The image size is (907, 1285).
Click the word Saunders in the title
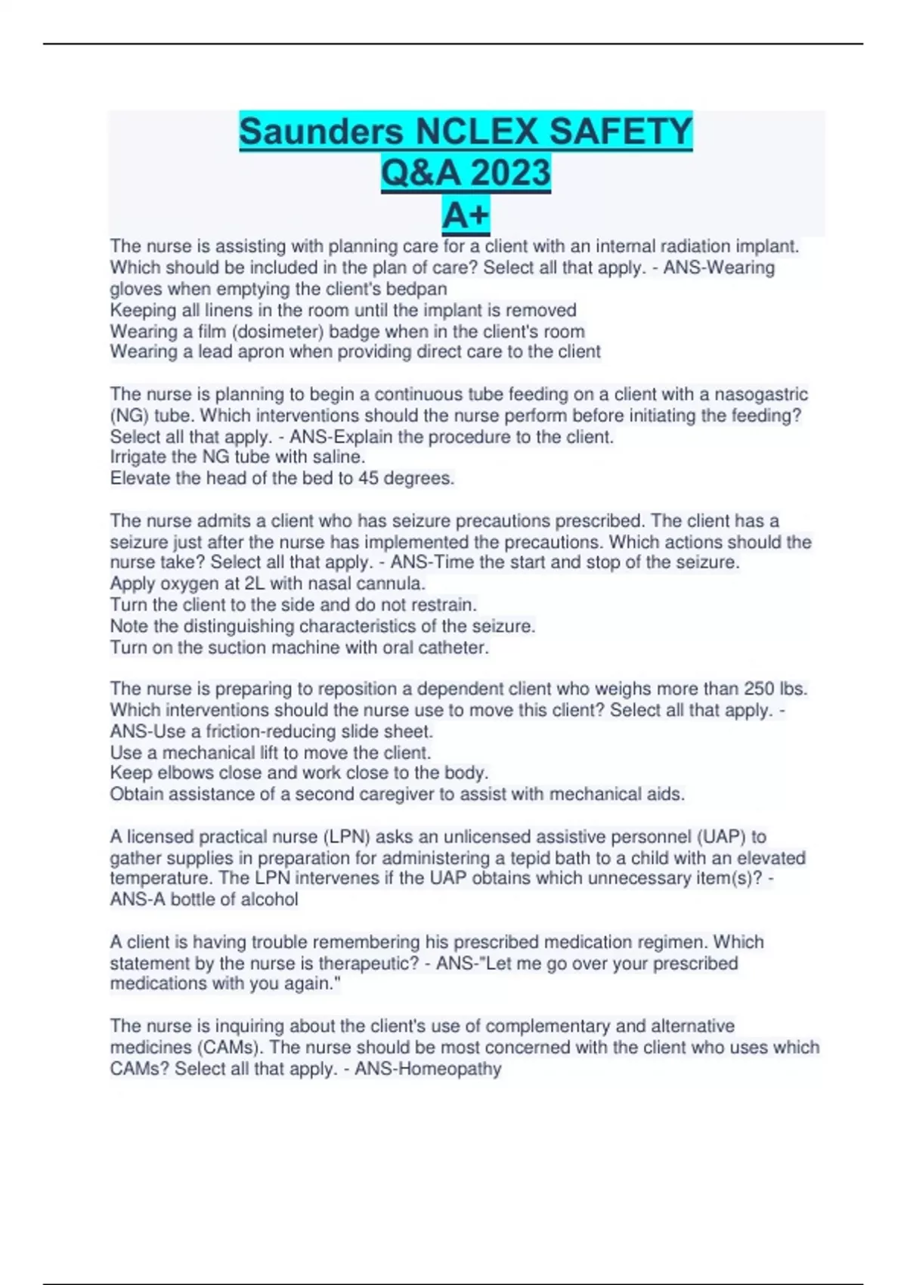[321, 132]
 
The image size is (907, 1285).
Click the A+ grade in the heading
[466, 215]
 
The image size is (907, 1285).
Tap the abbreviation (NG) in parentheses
[127, 415]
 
